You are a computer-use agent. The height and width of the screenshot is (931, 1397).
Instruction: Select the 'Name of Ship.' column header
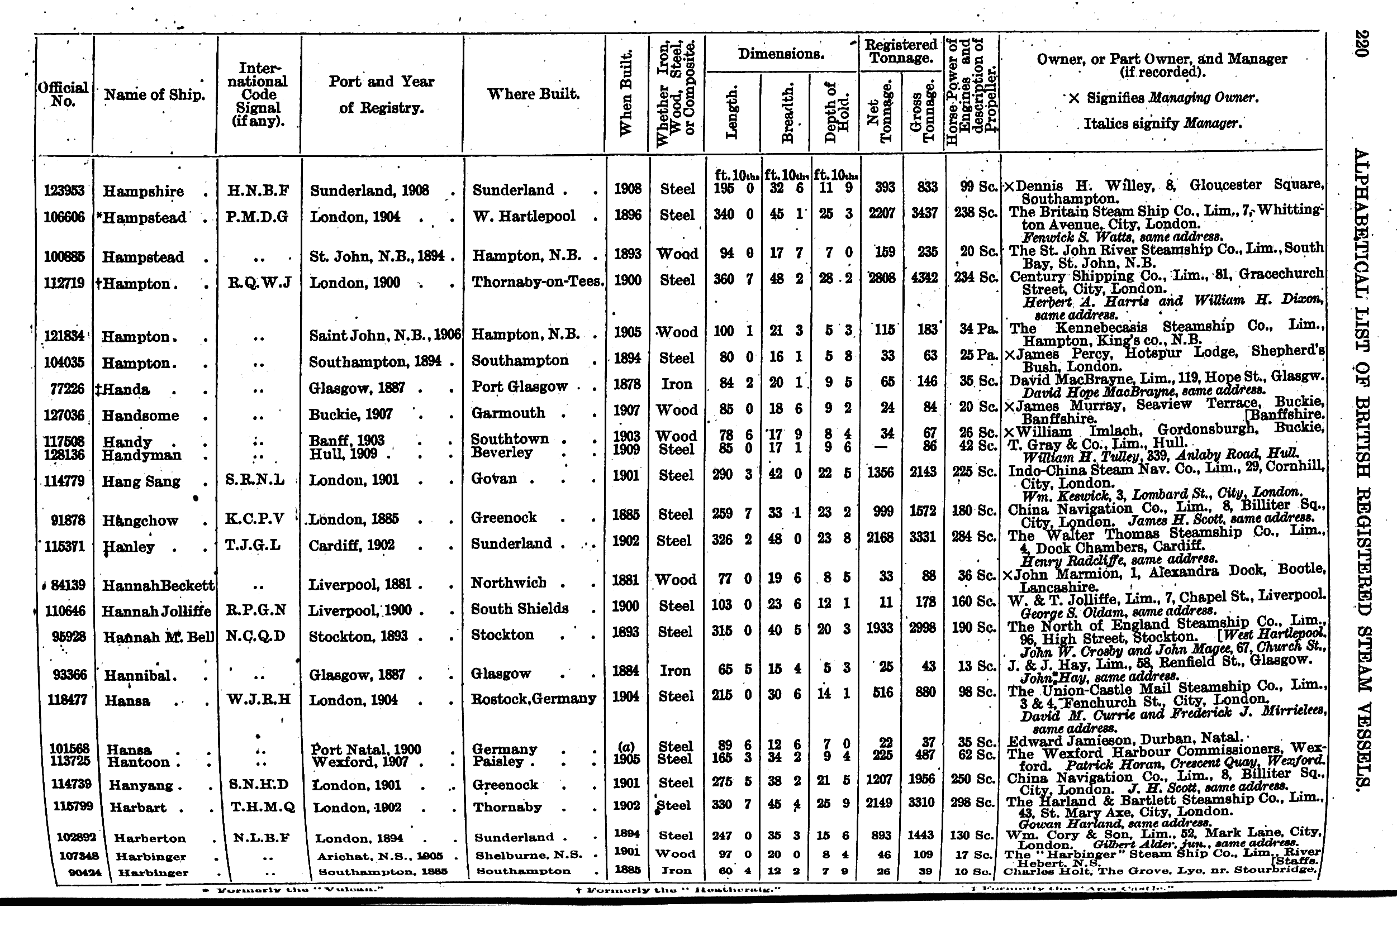click(154, 95)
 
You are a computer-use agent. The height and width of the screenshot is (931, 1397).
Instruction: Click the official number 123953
click(64, 190)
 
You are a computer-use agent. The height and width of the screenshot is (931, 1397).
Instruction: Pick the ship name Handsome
click(140, 415)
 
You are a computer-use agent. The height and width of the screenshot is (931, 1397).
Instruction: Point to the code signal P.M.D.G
click(256, 217)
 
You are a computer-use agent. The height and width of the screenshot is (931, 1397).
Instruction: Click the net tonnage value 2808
click(882, 278)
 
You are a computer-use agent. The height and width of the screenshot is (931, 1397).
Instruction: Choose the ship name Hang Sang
click(141, 481)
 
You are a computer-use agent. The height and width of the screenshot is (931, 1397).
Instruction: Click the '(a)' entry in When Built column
click(626, 745)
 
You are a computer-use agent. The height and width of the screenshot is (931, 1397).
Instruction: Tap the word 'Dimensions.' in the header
click(781, 54)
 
